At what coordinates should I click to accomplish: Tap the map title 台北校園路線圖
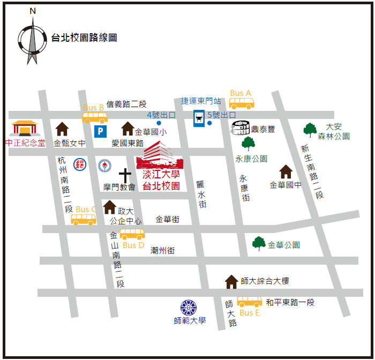pos(84,37)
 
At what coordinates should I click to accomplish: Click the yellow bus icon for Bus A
pos(242,102)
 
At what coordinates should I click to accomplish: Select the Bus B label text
pos(94,108)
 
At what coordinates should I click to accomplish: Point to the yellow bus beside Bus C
pos(84,219)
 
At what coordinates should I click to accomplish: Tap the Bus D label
pos(133,245)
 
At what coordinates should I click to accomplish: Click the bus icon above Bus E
pos(250,302)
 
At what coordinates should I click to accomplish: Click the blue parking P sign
pos(100,131)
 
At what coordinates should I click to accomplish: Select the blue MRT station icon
pos(199,118)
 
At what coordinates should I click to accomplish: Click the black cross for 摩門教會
pos(125,175)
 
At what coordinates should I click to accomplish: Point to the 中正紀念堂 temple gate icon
pos(25,129)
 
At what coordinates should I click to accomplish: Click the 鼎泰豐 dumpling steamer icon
pos(241,128)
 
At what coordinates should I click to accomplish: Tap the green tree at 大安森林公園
pos(310,129)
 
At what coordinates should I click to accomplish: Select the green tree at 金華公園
pos(259,243)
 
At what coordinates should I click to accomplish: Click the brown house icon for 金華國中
pos(286,171)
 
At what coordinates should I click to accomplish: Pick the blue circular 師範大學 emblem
pos(189,307)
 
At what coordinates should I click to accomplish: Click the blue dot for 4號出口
pos(159,123)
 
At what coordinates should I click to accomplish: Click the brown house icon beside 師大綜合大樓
pos(231,281)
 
